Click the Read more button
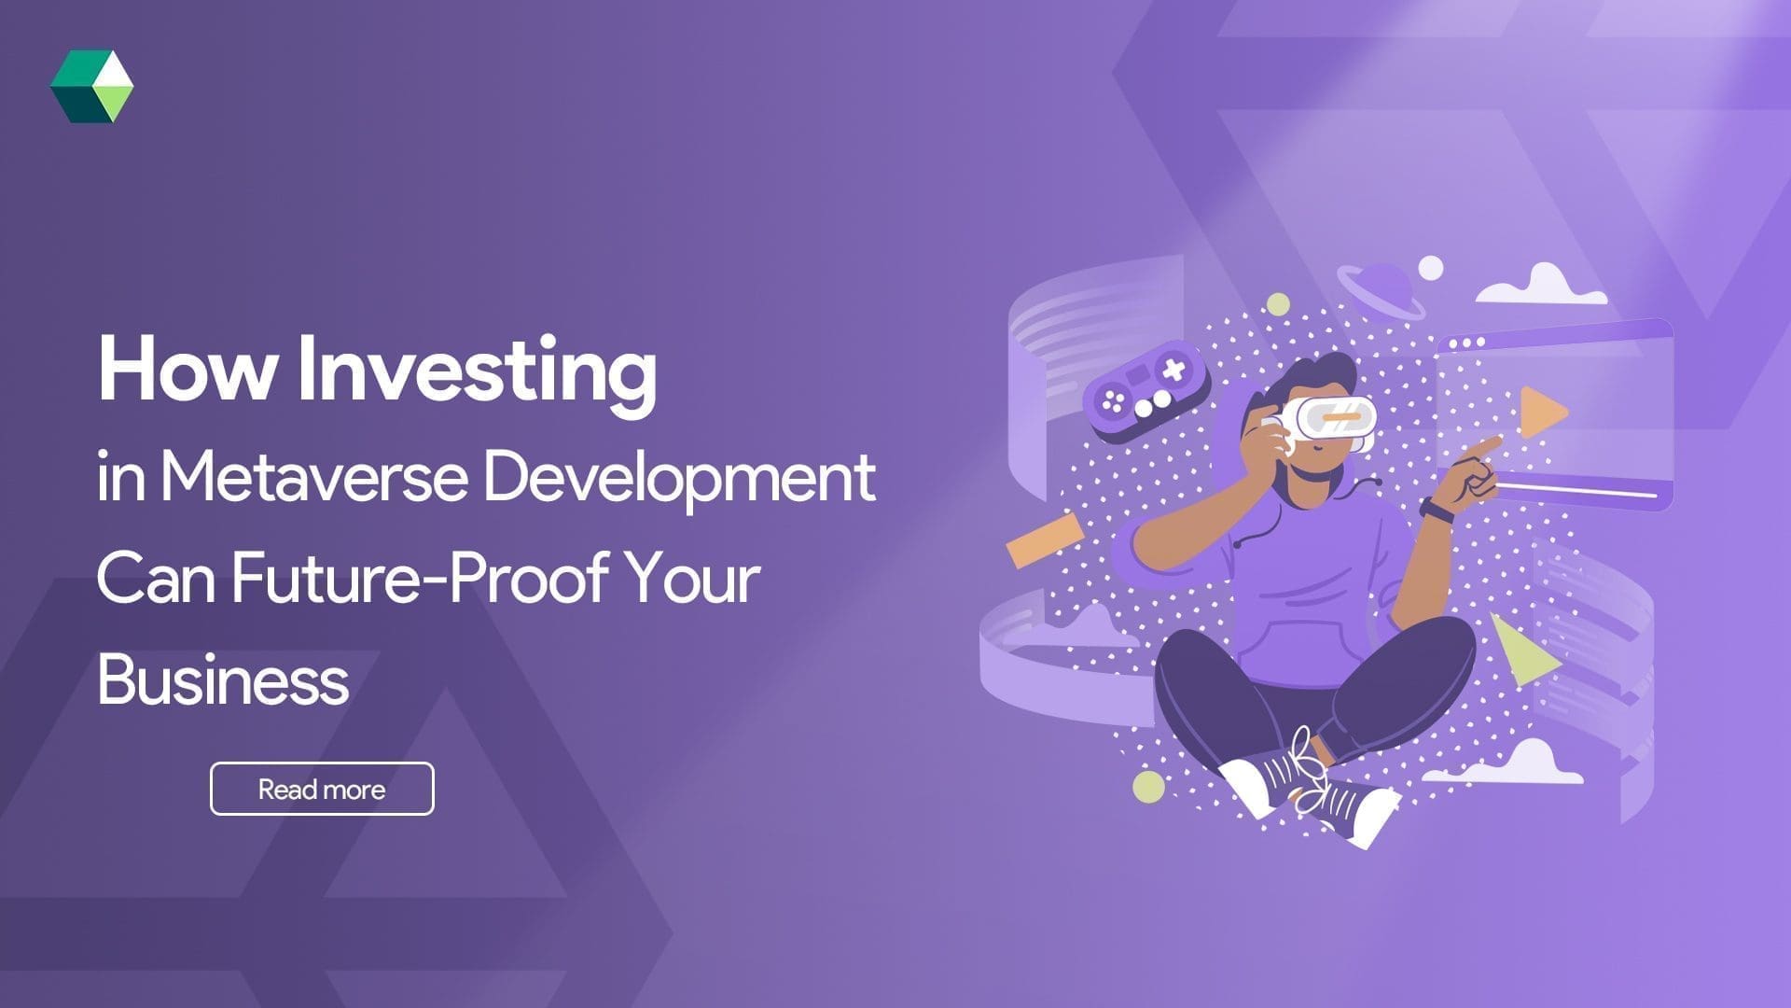[x=322, y=789]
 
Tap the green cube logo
[x=91, y=87]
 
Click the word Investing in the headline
[x=477, y=371]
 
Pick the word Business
[x=223, y=679]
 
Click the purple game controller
[x=1145, y=392]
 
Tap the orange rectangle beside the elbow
[x=1045, y=539]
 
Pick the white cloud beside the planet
[x=1541, y=286]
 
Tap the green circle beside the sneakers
[x=1149, y=787]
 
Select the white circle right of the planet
[x=1430, y=268]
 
